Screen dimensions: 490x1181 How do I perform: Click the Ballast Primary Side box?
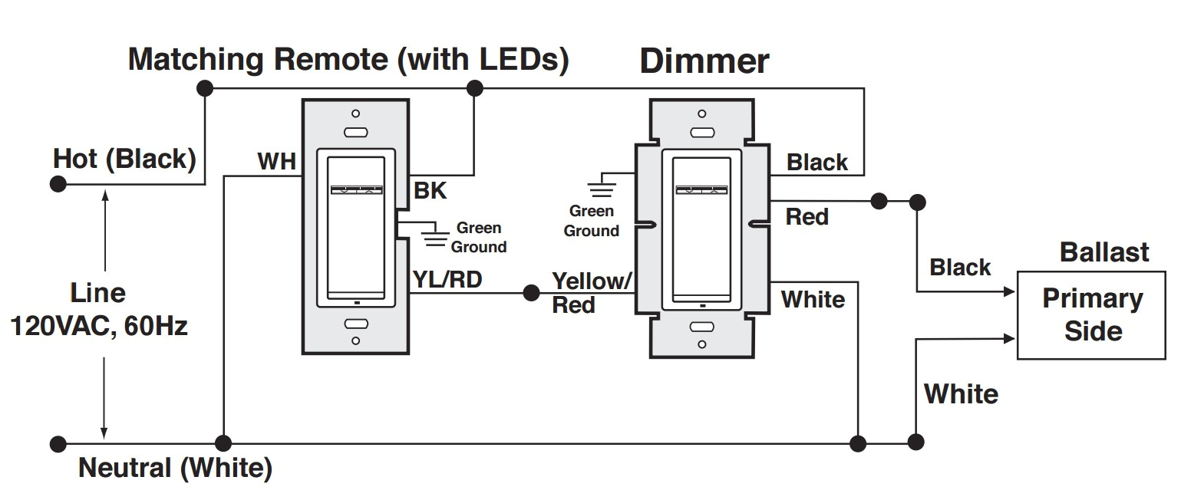pyautogui.click(x=1093, y=315)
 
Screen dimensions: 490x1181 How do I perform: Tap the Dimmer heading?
pyautogui.click(x=704, y=61)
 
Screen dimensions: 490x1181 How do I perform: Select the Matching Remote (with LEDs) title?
pyautogui.click(x=348, y=59)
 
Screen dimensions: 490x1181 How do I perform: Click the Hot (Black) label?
pyautogui.click(x=124, y=159)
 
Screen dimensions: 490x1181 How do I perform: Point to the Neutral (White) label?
pyautogui.click(x=175, y=468)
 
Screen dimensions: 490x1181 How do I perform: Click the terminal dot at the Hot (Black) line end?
pyautogui.click(x=58, y=184)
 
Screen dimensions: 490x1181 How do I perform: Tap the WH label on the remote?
pyautogui.click(x=276, y=162)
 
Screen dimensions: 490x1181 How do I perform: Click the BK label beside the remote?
pyautogui.click(x=430, y=191)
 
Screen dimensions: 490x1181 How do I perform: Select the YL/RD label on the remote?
pyautogui.click(x=447, y=280)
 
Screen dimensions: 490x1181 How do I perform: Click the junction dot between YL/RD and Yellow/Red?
pyautogui.click(x=530, y=293)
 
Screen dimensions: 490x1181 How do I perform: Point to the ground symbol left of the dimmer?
pyautogui.click(x=598, y=187)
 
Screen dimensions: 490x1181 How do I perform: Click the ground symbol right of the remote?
pyautogui.click(x=435, y=235)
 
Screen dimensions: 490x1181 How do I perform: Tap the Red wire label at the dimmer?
pyautogui.click(x=807, y=218)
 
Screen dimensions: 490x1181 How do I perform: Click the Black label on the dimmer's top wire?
pyautogui.click(x=817, y=163)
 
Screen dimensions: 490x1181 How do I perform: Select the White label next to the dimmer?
pyautogui.click(x=813, y=299)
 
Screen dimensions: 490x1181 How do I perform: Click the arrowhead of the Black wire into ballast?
pyautogui.click(x=1010, y=292)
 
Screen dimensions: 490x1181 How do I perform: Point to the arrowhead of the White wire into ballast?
pyautogui.click(x=1010, y=337)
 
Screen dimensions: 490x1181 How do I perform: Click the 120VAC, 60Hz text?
pyautogui.click(x=98, y=327)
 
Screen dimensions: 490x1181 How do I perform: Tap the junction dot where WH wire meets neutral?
pyautogui.click(x=223, y=442)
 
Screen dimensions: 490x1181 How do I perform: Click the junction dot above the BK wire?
pyautogui.click(x=474, y=88)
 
